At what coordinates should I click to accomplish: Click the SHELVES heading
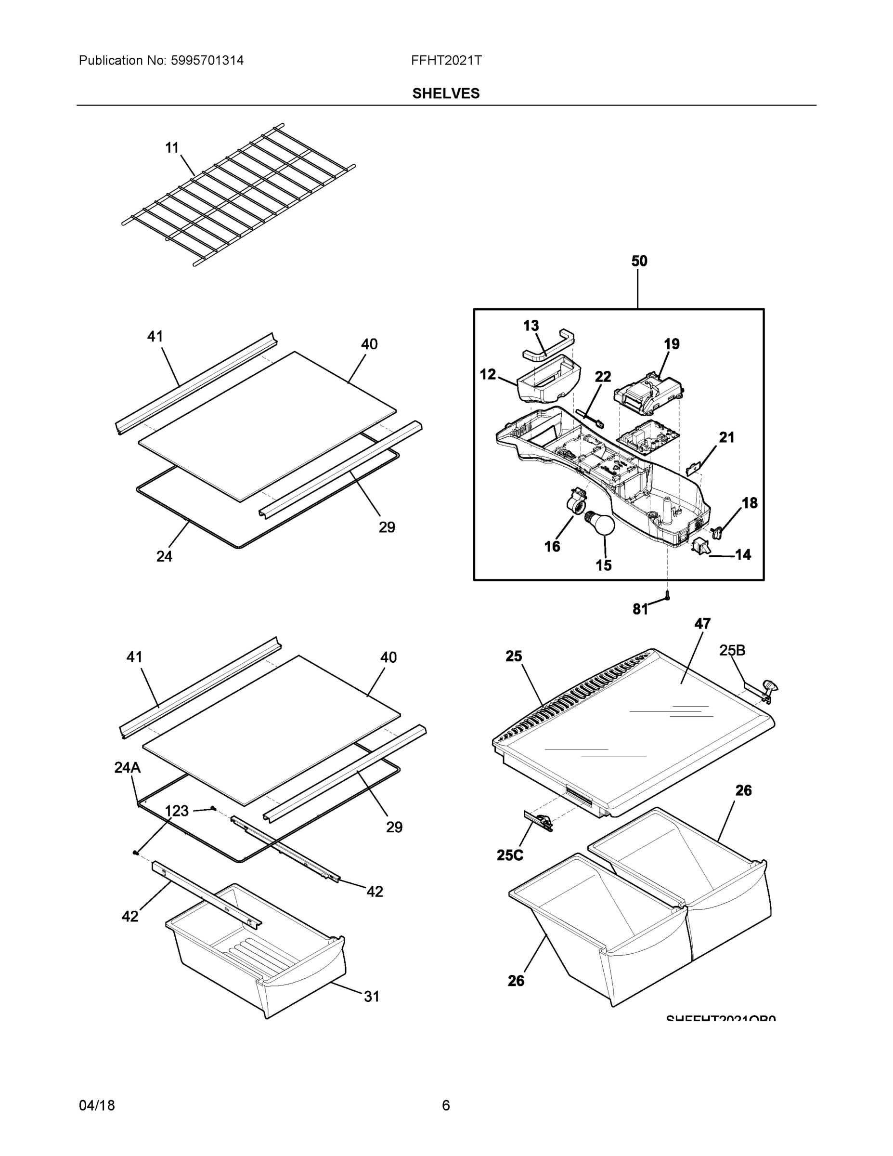[445, 94]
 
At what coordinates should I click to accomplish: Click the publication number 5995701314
[207, 60]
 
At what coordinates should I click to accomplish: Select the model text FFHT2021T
[446, 60]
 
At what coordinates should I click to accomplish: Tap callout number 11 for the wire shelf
[172, 148]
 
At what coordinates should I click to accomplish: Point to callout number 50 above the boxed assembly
[639, 261]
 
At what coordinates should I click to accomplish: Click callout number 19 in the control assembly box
[672, 344]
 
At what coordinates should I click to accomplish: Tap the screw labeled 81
[667, 596]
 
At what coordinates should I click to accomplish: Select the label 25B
[732, 651]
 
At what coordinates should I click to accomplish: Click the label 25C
[509, 855]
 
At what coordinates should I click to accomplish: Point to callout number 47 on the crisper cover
[702, 624]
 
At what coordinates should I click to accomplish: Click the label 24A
[128, 767]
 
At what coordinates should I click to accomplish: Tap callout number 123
[176, 811]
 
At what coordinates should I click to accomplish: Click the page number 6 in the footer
[445, 1105]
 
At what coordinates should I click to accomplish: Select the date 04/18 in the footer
[97, 1105]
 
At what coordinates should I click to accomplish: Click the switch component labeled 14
[701, 546]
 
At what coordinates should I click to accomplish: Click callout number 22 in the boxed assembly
[603, 376]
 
